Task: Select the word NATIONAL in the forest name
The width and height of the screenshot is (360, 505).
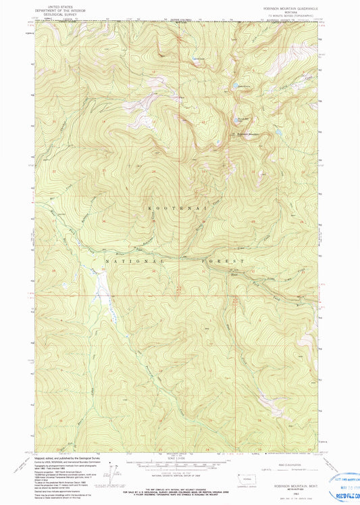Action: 134,260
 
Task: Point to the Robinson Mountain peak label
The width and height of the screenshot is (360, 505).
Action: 247,133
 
